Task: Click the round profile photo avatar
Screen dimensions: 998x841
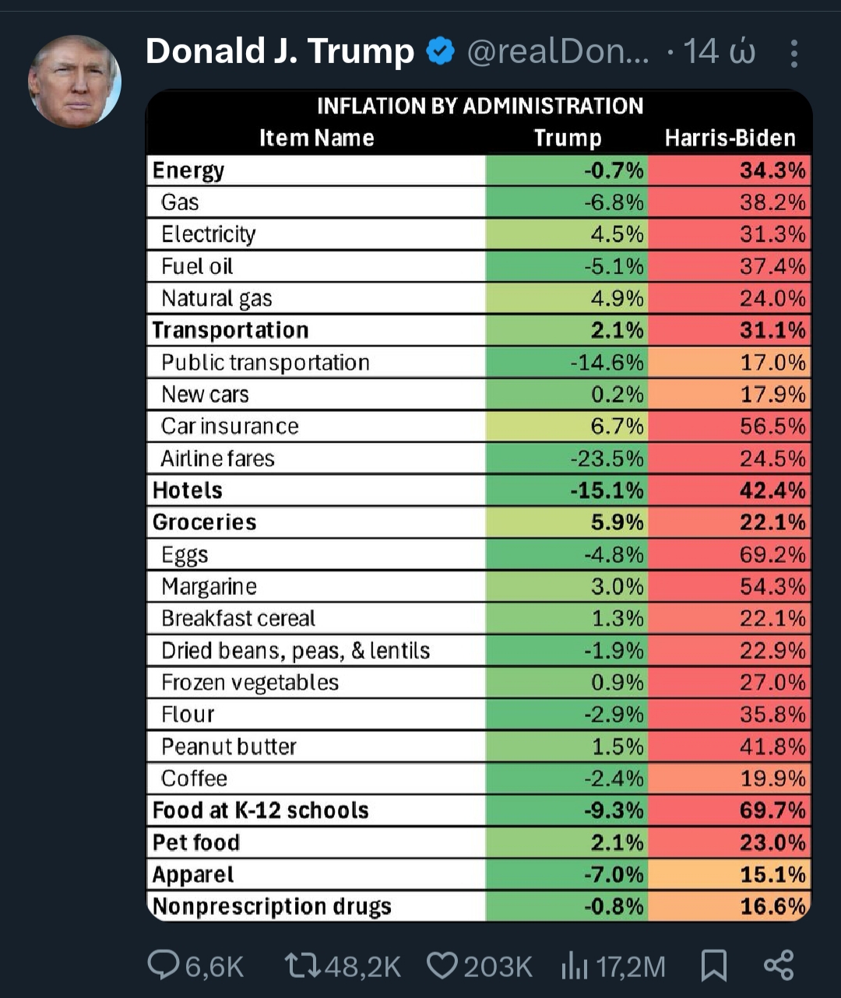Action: click(x=75, y=82)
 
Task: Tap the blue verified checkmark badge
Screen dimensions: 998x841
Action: click(x=441, y=52)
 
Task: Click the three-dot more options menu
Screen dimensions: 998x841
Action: click(x=793, y=53)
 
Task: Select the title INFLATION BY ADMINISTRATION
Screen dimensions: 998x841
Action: click(x=480, y=106)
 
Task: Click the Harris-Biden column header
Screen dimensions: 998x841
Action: click(x=730, y=138)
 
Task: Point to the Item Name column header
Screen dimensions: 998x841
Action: click(x=316, y=138)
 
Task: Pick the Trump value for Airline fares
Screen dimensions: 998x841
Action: click(x=607, y=459)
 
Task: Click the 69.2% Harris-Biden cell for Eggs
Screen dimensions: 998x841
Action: click(x=772, y=554)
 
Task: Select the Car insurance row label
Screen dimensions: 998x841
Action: click(x=230, y=426)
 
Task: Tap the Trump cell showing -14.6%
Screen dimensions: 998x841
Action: click(x=607, y=362)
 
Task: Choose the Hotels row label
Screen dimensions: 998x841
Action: click(x=188, y=490)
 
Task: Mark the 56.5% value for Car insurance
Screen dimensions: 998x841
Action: click(x=772, y=426)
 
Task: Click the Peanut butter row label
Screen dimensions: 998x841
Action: click(x=229, y=747)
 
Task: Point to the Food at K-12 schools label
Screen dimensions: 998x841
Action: click(x=260, y=810)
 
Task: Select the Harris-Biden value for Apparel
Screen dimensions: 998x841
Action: click(x=772, y=874)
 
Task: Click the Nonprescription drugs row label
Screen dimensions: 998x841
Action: click(x=272, y=906)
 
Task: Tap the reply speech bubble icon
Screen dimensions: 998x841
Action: click(x=164, y=965)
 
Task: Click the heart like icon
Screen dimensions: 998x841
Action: click(x=442, y=965)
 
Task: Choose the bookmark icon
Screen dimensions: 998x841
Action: click(x=713, y=965)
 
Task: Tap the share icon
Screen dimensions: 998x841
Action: click(x=778, y=965)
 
